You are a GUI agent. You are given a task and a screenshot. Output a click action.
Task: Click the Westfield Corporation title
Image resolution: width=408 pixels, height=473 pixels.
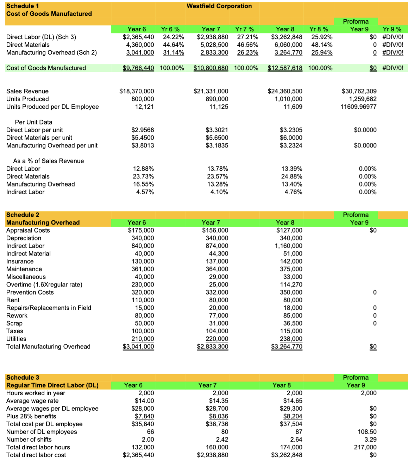[x=219, y=6]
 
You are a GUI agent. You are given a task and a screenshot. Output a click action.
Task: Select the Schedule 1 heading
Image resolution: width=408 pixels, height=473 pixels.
[x=23, y=6]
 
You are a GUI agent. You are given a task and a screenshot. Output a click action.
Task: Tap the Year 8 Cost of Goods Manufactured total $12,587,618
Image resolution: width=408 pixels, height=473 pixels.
[x=285, y=68]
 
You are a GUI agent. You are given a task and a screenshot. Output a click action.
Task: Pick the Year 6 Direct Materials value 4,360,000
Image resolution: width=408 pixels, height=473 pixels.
[x=140, y=45]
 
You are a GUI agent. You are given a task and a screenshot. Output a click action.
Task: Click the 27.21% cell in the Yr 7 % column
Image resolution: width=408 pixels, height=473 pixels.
[x=247, y=37]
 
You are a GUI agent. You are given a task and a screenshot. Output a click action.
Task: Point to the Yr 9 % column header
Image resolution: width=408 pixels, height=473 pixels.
[x=392, y=29]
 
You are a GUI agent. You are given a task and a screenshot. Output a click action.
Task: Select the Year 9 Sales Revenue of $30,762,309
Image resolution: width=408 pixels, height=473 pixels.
[x=359, y=91]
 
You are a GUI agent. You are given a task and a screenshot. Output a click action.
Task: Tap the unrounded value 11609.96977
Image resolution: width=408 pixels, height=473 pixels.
[x=358, y=107]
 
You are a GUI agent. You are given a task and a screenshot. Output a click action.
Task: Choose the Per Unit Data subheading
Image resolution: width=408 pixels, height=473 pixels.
[x=33, y=122]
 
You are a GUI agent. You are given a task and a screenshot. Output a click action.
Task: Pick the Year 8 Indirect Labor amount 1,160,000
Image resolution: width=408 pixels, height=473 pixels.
[x=288, y=246]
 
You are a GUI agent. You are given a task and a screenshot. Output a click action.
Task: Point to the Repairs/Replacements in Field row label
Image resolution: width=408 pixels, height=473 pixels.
[x=49, y=308]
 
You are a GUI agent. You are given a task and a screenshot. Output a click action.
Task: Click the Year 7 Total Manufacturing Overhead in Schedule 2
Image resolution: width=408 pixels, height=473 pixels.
[x=212, y=347]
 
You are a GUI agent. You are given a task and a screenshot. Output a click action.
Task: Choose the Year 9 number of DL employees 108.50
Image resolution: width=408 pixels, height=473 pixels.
[x=367, y=431]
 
